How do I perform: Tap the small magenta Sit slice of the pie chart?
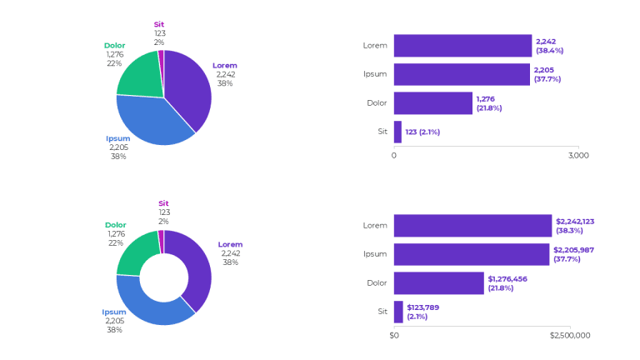tap(161, 55)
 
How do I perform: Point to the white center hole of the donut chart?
tap(164, 277)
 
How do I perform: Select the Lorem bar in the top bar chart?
tap(462, 46)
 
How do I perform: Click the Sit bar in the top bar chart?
tap(397, 132)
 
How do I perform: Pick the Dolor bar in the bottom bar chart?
tap(438, 283)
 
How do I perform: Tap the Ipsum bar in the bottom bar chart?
tap(472, 254)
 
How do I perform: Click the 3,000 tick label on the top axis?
tap(578, 156)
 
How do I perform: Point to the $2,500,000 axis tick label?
tap(570, 336)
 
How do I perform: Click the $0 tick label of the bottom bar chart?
tap(394, 336)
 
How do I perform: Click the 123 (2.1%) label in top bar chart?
tap(422, 132)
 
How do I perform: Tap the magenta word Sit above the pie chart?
tap(159, 24)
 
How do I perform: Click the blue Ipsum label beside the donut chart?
tap(114, 312)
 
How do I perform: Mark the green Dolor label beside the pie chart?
tap(114, 45)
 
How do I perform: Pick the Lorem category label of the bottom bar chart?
tap(375, 225)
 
